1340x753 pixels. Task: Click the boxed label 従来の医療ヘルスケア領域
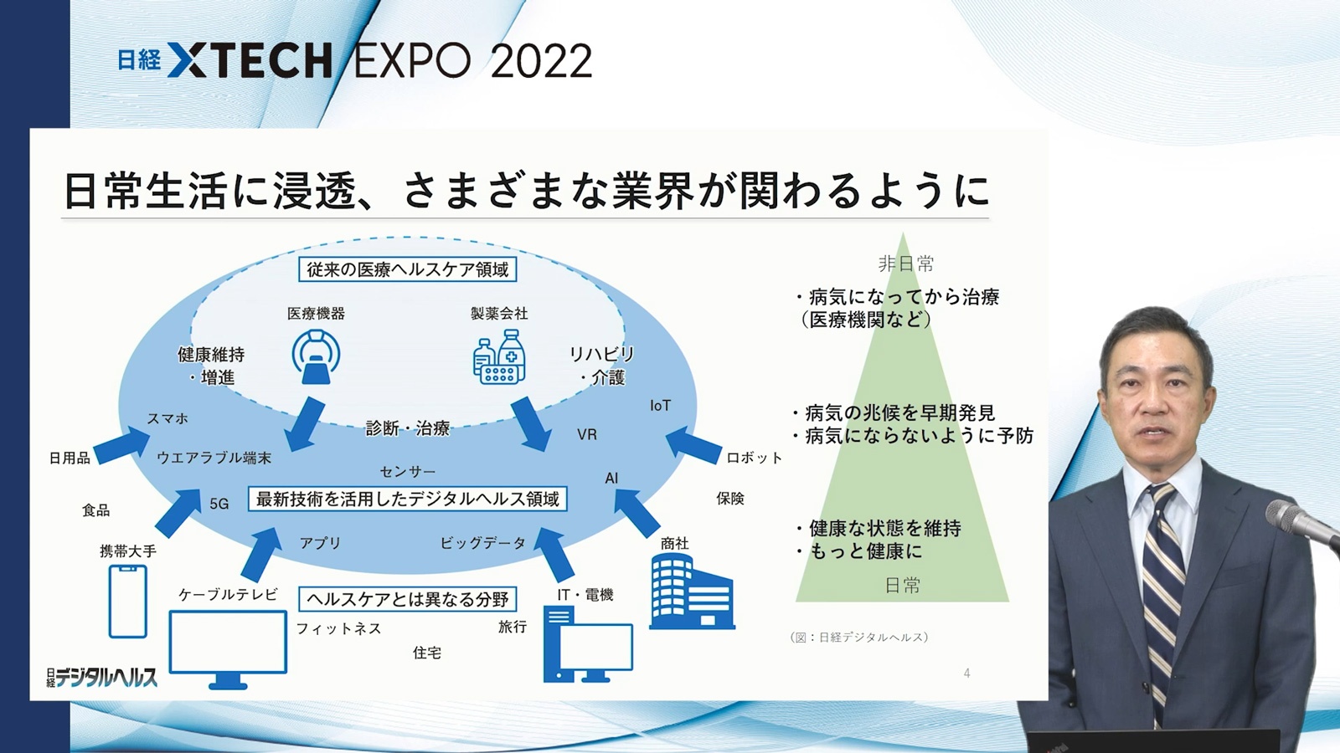[x=407, y=269]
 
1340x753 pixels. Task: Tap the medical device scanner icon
[x=316, y=356]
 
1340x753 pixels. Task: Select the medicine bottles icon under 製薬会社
[x=499, y=356]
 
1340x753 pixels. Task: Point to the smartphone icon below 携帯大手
[x=128, y=602]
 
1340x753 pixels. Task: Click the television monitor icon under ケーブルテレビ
[x=228, y=649]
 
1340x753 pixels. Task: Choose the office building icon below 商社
[x=692, y=591]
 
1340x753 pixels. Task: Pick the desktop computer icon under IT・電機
[x=588, y=644]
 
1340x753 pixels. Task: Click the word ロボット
[x=755, y=458]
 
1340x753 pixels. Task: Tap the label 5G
[x=219, y=504]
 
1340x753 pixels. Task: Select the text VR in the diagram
[x=587, y=434]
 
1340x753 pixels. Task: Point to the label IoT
[x=661, y=406]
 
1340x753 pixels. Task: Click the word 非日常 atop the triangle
[x=905, y=264]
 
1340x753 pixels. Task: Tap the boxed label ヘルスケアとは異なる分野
[x=407, y=599]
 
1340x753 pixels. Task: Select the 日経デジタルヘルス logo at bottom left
[x=102, y=677]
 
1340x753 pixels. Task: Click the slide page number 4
[x=966, y=674]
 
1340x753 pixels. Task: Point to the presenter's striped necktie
[x=1162, y=597]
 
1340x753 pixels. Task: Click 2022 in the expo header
[x=541, y=61]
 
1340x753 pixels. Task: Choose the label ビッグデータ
[x=482, y=543]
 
